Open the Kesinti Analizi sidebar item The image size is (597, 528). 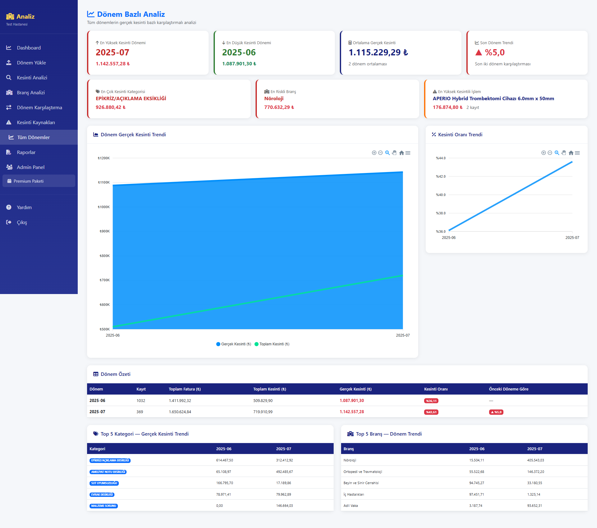(32, 77)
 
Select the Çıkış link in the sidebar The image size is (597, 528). (22, 222)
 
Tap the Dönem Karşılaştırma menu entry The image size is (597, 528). (39, 107)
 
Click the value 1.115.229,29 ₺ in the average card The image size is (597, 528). (378, 53)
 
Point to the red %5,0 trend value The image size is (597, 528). (494, 53)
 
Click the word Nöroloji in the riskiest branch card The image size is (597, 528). (274, 99)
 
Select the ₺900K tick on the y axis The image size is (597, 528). (104, 231)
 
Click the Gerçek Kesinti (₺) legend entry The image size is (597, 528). (234, 344)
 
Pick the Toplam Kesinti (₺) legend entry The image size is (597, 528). (272, 344)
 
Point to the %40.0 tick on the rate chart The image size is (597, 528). (441, 195)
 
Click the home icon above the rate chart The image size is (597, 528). (571, 153)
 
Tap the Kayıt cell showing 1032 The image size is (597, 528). (141, 401)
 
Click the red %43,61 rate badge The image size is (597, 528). (431, 412)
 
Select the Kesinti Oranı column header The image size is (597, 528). (436, 389)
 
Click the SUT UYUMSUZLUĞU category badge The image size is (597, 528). (104, 483)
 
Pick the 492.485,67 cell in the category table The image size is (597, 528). (284, 472)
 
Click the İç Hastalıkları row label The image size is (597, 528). (354, 494)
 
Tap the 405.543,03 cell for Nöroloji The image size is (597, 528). (535, 460)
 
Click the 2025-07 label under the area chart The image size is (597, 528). (403, 335)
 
